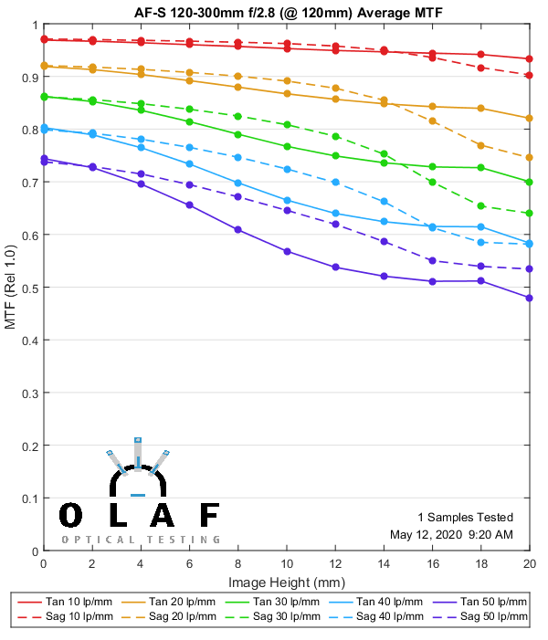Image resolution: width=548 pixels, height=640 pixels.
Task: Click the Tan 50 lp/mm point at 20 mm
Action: pos(530,298)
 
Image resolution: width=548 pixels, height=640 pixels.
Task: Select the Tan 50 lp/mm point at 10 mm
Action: pos(287,251)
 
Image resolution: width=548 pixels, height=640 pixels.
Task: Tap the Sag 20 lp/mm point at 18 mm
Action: pos(481,145)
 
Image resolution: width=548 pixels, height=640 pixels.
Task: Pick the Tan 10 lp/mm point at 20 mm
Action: pos(530,58)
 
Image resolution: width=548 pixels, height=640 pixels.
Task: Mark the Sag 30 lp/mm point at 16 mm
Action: pos(433,182)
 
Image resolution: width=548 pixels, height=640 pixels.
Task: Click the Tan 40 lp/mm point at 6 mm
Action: pos(189,163)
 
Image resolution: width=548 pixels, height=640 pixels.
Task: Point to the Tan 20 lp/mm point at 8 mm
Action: pos(237,87)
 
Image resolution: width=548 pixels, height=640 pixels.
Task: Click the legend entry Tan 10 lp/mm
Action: pos(79,602)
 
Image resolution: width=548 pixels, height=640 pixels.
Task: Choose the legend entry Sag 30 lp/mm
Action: pos(286,618)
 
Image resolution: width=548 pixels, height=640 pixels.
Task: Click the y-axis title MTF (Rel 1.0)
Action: pos(11,288)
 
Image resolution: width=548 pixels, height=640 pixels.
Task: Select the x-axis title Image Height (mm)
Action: pos(286,582)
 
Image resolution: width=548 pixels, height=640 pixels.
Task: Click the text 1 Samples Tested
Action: pos(465,517)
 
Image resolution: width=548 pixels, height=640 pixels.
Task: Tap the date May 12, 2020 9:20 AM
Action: pos(451,534)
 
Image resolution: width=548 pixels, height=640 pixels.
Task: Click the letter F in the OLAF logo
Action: pos(209,515)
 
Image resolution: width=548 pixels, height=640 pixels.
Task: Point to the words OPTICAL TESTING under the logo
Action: pos(141,540)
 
